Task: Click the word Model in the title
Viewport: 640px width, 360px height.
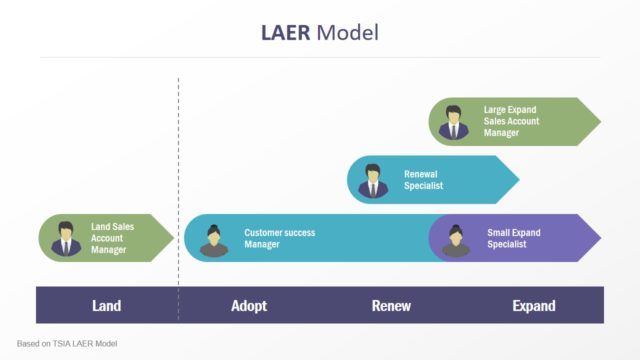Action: [x=348, y=33]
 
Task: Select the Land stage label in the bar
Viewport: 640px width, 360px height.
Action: [x=107, y=306]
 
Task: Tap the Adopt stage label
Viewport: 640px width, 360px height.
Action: [x=249, y=306]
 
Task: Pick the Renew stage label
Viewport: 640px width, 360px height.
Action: [x=391, y=306]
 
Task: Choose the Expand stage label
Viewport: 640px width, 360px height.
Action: [x=534, y=306]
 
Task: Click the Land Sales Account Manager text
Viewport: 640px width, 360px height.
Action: [x=112, y=238]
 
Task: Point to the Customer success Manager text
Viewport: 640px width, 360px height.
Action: [x=279, y=238]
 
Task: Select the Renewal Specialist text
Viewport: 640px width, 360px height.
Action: [x=423, y=179]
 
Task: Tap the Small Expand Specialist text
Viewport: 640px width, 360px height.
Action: [x=514, y=238]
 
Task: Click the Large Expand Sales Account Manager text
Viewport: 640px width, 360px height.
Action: [x=511, y=121]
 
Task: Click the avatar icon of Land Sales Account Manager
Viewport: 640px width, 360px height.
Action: [x=66, y=238]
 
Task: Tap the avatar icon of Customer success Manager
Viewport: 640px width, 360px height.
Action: [x=213, y=239]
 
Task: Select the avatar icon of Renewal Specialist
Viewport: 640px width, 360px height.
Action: [x=373, y=180]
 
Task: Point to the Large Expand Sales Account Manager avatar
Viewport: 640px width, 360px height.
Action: [x=454, y=122]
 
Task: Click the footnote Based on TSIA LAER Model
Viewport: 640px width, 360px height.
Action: [x=67, y=343]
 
